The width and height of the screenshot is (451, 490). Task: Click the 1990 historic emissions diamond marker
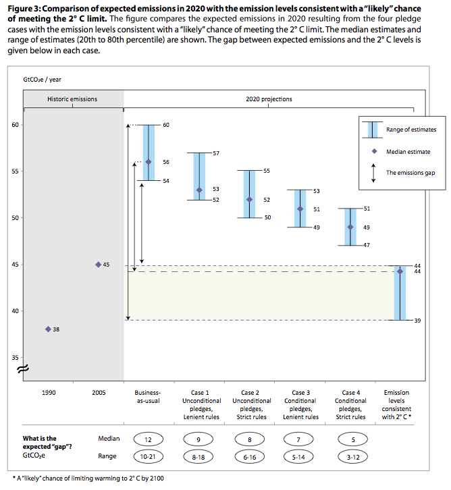48,329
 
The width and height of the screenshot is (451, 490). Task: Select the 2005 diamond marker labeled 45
98,264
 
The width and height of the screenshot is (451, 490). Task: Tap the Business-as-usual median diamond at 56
149,161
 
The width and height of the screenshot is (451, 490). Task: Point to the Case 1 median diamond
199,190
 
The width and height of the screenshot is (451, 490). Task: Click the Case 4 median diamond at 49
350,227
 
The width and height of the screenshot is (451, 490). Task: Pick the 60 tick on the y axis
14,125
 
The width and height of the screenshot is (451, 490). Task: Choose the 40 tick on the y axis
14,310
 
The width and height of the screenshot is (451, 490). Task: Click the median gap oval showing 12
148,439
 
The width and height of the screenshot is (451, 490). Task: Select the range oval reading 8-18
198,456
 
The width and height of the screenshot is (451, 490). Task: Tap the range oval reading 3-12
349,456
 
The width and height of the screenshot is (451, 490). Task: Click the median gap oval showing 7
299,439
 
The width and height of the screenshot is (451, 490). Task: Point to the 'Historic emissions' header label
72,99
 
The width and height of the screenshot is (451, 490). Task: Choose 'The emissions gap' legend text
410,173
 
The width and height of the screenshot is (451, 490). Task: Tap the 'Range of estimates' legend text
410,129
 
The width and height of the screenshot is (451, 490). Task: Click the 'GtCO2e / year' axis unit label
42,80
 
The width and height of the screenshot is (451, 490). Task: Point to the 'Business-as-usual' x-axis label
148,397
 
